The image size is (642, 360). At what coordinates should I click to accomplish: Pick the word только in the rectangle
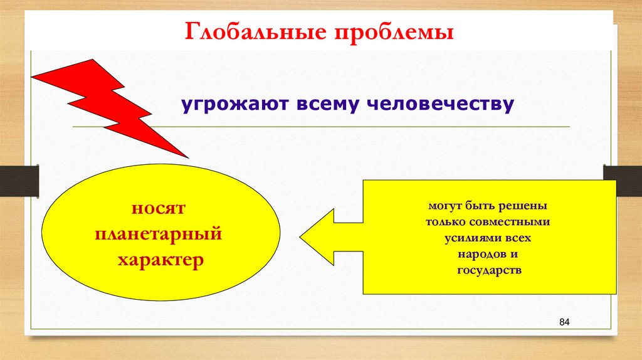point(450,222)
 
